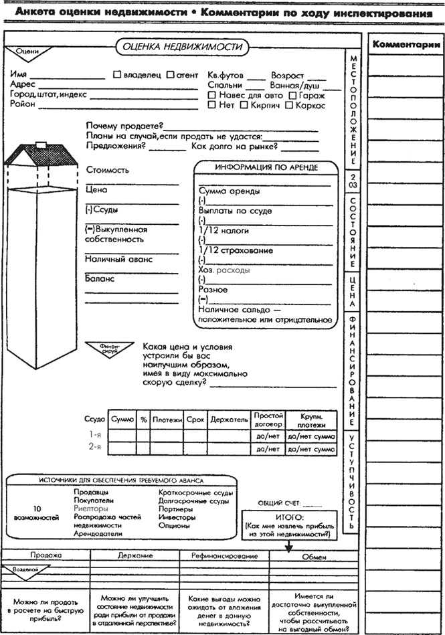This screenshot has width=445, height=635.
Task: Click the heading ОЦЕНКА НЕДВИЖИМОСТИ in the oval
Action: [181, 47]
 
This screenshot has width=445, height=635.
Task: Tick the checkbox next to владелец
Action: [118, 76]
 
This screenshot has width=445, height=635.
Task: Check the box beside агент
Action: [171, 76]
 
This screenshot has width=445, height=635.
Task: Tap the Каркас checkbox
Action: [290, 105]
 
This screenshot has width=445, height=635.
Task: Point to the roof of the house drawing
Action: [39, 155]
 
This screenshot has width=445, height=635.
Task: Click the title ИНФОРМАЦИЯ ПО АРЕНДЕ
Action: [266, 167]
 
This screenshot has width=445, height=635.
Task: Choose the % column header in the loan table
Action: [143, 420]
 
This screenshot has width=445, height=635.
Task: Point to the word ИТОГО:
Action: [290, 517]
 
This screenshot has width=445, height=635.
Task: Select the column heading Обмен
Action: [314, 557]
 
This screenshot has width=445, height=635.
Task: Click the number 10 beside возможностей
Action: [37, 509]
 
